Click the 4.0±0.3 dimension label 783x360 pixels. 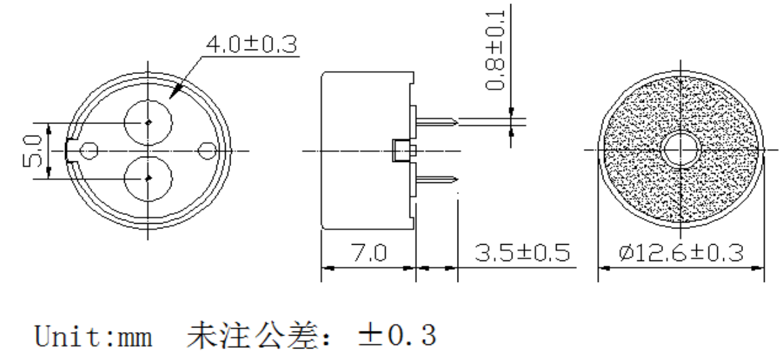pyautogui.click(x=252, y=45)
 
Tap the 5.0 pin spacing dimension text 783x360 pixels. pyautogui.click(x=32, y=151)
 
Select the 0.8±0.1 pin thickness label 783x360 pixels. pyautogui.click(x=496, y=50)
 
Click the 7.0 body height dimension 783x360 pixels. pyautogui.click(x=369, y=253)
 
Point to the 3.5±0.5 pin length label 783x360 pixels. pyautogui.click(x=522, y=253)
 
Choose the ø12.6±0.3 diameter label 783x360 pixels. pyautogui.click(x=681, y=253)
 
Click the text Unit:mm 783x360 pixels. pyautogui.click(x=93, y=336)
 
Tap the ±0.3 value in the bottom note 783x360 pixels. pyautogui.click(x=397, y=335)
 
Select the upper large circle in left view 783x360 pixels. pyautogui.click(x=148, y=123)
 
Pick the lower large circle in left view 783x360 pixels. pyautogui.click(x=148, y=179)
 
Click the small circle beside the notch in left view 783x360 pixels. pyautogui.click(x=89, y=151)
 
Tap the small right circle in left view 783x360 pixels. pyautogui.click(x=207, y=151)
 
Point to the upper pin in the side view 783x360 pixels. pyautogui.click(x=437, y=121)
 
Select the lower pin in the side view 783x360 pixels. pyautogui.click(x=437, y=180)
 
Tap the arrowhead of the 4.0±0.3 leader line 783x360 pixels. pyautogui.click(x=174, y=92)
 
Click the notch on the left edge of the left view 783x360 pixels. pyautogui.click(x=72, y=151)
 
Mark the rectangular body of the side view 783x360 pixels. pyautogui.click(x=367, y=151)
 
